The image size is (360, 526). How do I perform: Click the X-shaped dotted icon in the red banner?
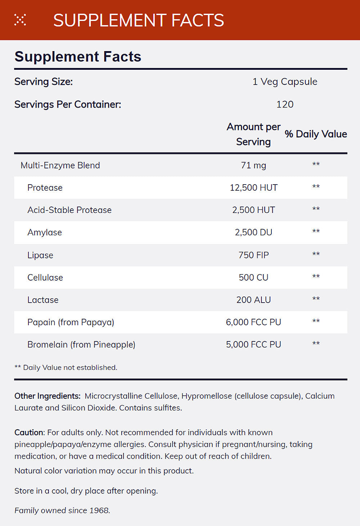(x=20, y=20)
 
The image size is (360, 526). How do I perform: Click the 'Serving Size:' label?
(x=44, y=82)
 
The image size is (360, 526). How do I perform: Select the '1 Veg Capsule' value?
(x=285, y=82)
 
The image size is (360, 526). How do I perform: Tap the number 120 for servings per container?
(x=285, y=104)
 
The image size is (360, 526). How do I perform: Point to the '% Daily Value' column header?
(x=316, y=134)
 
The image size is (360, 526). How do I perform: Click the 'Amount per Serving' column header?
(x=253, y=134)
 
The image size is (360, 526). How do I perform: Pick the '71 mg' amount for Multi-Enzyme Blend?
(x=253, y=165)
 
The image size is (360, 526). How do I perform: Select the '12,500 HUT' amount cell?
(x=253, y=188)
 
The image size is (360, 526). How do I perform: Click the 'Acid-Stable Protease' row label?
(x=69, y=210)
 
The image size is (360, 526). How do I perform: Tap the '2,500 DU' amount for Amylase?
(x=253, y=232)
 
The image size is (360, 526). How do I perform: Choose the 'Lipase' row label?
(x=40, y=255)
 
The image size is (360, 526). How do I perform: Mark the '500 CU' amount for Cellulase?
(x=253, y=277)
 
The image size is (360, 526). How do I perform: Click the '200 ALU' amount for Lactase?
(x=253, y=300)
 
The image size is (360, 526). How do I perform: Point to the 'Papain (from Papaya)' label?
(x=71, y=322)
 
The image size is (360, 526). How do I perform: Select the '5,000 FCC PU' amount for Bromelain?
(x=253, y=344)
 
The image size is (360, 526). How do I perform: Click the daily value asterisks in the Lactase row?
(x=316, y=299)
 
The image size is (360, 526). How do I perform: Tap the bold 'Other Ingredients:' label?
(x=48, y=396)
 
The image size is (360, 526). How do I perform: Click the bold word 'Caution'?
(x=29, y=432)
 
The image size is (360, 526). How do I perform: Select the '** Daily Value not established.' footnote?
(x=66, y=367)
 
